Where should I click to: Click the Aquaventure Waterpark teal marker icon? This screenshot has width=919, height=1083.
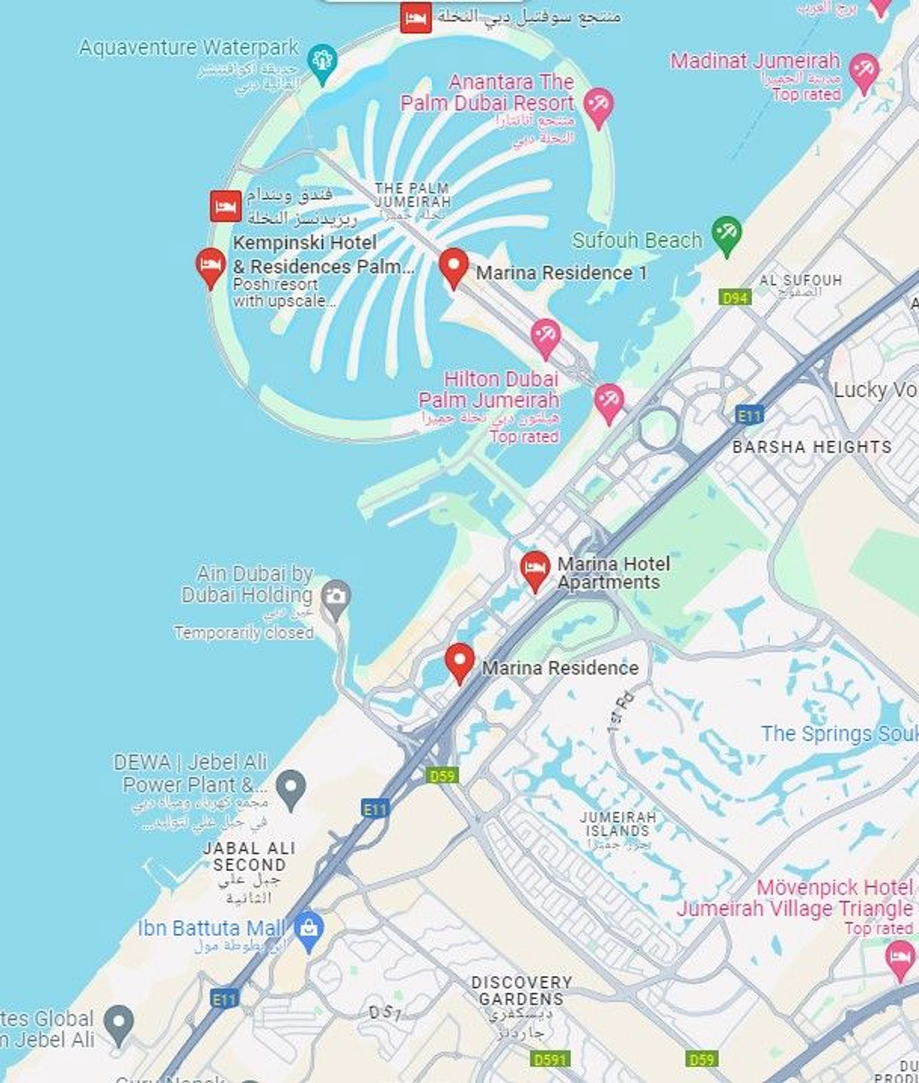pos(322,61)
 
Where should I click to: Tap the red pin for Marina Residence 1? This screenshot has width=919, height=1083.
pos(453,265)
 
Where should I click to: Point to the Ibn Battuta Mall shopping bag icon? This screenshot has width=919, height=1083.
pos(308,929)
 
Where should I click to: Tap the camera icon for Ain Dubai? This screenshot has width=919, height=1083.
pos(336,597)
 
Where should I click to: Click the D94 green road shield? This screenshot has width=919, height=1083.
pos(735,298)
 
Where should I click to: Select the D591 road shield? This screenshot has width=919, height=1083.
pos(549,1059)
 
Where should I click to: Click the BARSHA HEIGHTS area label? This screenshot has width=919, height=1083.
pos(811,447)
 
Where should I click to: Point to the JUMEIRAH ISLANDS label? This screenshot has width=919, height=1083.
pos(618,824)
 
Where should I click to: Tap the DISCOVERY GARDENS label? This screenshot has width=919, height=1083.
pos(522,991)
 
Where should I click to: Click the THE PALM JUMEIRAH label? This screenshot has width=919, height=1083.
pos(412,195)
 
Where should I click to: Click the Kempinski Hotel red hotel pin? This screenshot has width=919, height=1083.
pos(211,265)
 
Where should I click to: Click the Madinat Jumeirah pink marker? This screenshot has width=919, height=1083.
pos(864,70)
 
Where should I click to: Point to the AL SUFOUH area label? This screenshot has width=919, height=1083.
pos(800,280)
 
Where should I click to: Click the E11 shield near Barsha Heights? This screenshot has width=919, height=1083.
pos(749,415)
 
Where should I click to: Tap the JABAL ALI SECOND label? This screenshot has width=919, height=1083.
pos(249,856)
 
